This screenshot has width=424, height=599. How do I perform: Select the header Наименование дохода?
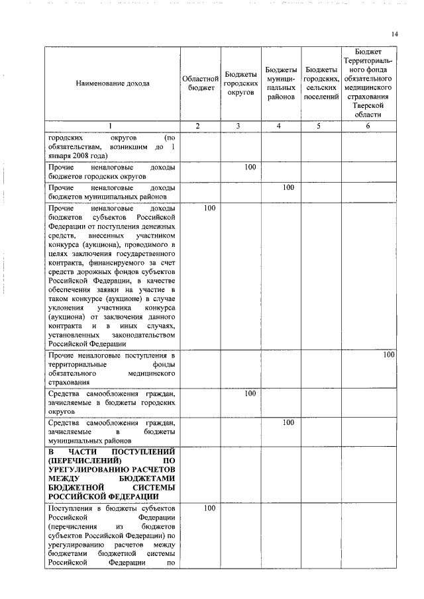point(113,83)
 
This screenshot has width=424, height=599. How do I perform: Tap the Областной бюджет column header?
point(200,83)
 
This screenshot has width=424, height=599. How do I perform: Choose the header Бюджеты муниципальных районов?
point(281,83)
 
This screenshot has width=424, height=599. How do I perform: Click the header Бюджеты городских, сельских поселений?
point(321,83)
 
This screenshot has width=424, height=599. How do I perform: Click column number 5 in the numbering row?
point(321,126)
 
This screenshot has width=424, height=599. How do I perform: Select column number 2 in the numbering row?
point(200,126)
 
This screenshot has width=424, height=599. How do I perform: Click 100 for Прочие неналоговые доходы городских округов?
point(250,167)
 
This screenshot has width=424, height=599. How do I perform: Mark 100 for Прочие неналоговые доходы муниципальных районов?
point(288,188)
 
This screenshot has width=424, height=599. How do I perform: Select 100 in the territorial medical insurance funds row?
point(388,355)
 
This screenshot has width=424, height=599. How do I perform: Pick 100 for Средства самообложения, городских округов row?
point(250,394)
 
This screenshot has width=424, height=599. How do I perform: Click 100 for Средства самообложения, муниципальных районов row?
point(288,422)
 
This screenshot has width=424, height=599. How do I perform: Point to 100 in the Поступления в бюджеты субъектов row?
point(209,508)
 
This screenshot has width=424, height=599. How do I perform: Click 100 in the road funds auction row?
point(209,208)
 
